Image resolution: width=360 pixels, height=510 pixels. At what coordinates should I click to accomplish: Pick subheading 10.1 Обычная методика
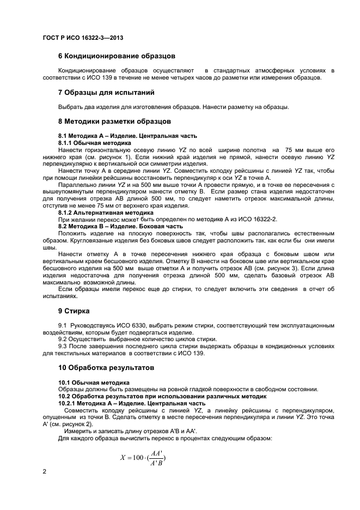coord(94,382)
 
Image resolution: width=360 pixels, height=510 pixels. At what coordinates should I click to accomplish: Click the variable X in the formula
coord(123,458)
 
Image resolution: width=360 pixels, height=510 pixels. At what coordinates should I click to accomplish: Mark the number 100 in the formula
coord(141,458)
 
